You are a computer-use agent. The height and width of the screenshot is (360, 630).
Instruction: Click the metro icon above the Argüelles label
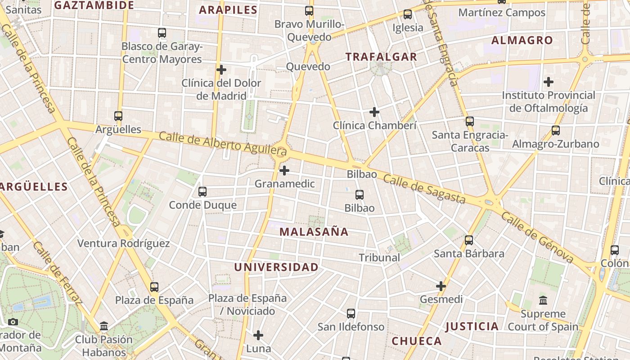(118, 116)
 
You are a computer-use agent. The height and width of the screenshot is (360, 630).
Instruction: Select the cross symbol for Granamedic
(284, 171)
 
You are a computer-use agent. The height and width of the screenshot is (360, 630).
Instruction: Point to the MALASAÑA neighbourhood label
(314, 232)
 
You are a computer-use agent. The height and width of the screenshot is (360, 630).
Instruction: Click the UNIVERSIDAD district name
(276, 267)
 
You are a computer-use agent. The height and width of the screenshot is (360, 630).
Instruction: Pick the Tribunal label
(379, 257)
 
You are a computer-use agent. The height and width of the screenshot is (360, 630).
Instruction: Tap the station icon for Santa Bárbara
(469, 240)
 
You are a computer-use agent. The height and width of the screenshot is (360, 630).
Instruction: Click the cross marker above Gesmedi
(441, 286)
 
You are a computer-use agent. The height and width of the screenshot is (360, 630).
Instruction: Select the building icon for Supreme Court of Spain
(543, 300)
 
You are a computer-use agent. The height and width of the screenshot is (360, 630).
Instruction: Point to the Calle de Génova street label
(537, 238)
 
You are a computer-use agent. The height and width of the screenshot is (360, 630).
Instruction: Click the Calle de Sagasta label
(424, 189)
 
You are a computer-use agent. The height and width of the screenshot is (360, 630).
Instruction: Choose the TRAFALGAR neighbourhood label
(381, 57)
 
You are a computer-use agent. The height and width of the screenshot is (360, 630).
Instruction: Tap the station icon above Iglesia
(408, 14)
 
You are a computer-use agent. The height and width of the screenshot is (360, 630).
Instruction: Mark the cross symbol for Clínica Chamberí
(374, 112)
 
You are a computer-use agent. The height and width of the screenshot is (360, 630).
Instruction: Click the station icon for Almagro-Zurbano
(556, 130)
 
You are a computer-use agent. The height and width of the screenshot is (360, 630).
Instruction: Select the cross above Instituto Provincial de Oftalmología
(548, 82)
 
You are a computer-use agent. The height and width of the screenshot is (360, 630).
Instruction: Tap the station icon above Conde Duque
(202, 192)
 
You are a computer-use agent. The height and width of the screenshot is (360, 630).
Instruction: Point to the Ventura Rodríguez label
(123, 243)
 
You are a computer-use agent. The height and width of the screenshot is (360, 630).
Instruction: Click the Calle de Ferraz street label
(57, 273)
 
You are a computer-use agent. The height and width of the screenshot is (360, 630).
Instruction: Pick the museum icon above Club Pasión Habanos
(104, 326)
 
